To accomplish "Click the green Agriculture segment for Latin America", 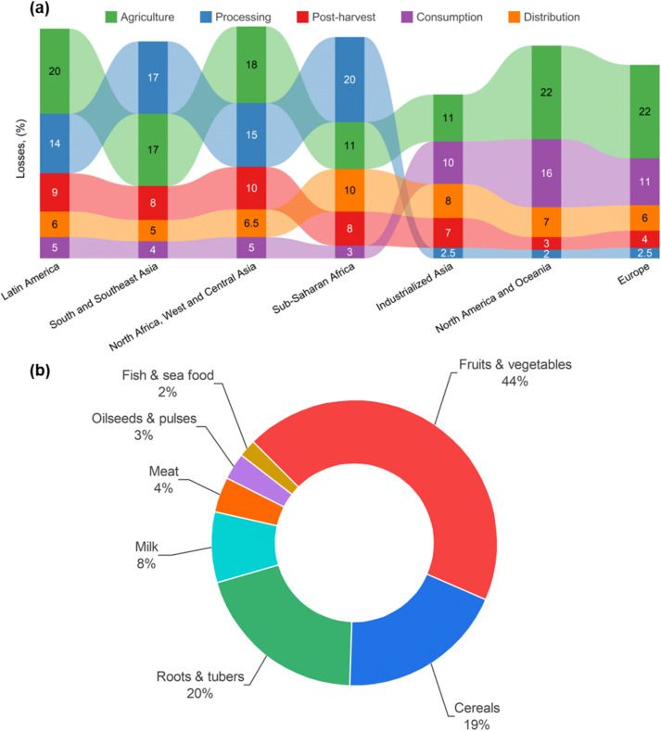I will click(55, 70).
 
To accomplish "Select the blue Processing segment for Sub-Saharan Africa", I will click(350, 80).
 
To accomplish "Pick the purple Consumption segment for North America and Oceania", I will click(546, 173).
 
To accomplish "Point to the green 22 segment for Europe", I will click(644, 111).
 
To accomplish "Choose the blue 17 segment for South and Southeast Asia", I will click(153, 77).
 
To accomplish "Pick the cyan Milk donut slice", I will click(243, 546).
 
